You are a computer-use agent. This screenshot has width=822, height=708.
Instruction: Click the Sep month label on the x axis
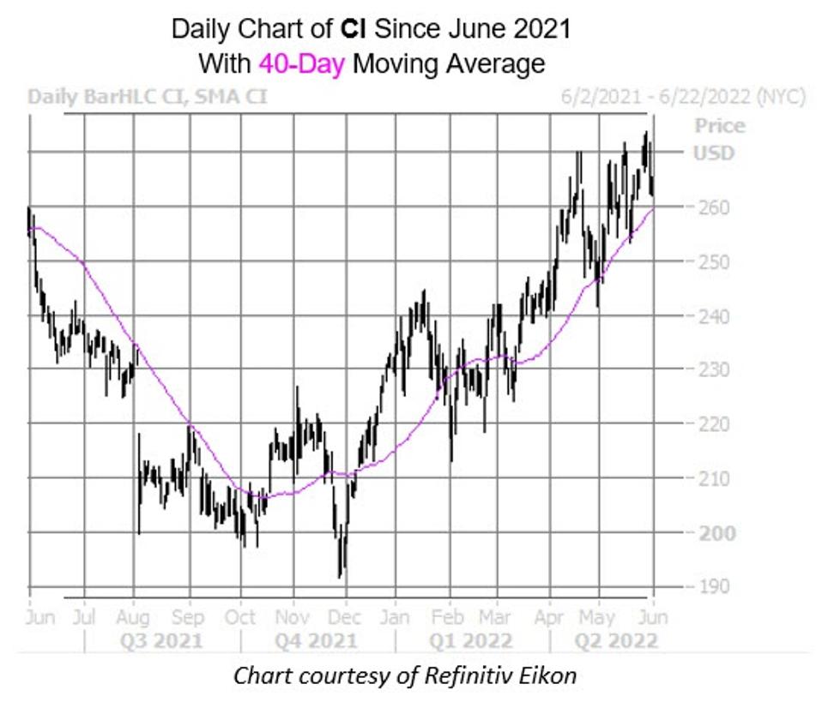pos(188,617)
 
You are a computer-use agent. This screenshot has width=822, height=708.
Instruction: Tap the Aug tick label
pos(134,617)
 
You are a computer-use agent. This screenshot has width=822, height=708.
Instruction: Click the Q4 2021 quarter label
pos(317,641)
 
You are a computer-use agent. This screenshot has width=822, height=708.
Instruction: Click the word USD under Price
pos(714,153)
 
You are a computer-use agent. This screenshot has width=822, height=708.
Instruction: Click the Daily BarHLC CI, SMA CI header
pos(147,97)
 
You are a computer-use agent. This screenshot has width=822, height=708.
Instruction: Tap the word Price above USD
pos(719,126)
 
